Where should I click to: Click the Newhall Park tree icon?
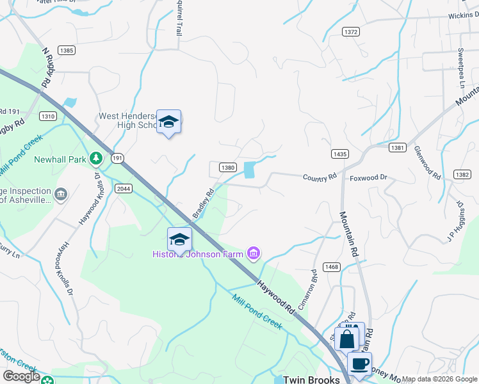click(96, 157)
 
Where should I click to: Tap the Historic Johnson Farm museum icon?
click(254, 254)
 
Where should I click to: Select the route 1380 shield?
click(228, 167)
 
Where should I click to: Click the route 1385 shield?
click(66, 50)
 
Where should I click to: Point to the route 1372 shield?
click(351, 31)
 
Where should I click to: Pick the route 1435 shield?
click(340, 154)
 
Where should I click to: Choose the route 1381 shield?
click(396, 148)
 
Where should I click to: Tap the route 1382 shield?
click(462, 174)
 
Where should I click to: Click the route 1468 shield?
click(331, 267)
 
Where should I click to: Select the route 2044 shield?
click(124, 189)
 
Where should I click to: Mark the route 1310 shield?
click(47, 116)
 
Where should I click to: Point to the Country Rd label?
click(320, 177)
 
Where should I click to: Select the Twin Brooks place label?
click(311, 379)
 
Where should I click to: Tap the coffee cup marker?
click(359, 364)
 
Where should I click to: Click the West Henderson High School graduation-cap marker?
click(168, 122)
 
